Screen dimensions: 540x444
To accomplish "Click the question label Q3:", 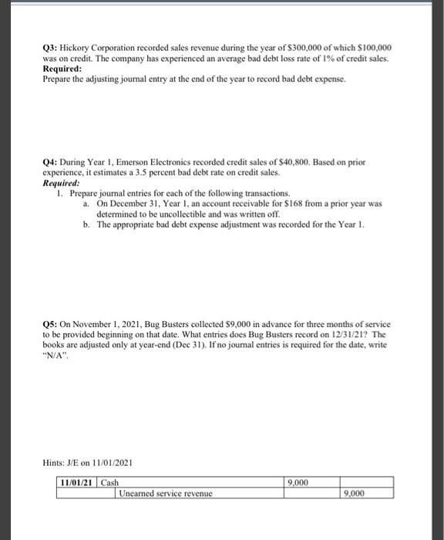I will [x=50, y=48].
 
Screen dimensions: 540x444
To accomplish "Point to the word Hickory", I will [x=80, y=48].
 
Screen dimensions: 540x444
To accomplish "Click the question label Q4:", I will [x=50, y=163].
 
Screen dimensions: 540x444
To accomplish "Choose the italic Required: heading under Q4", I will [x=61, y=183].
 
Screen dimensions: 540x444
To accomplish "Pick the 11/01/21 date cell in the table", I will [x=78, y=483].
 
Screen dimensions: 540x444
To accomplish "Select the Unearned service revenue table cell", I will [x=166, y=494].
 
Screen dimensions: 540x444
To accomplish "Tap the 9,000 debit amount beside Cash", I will [x=298, y=483].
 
